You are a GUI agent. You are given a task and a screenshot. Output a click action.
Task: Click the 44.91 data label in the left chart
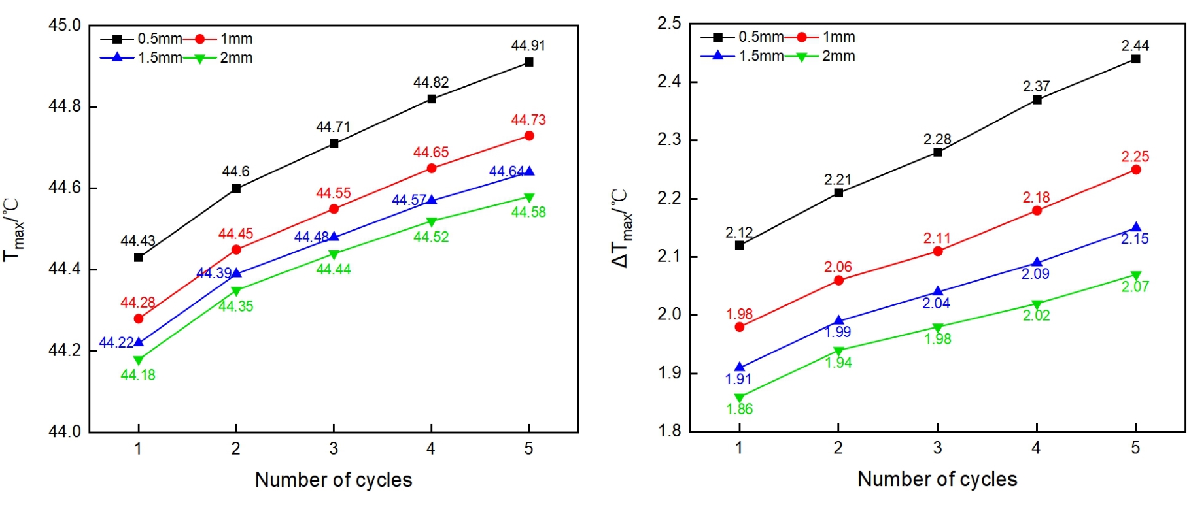pos(528,46)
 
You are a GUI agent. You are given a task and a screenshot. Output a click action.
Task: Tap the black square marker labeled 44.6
pos(236,189)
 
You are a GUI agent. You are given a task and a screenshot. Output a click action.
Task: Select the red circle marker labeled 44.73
pos(529,136)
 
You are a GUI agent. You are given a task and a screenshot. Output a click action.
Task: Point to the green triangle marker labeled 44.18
pos(138,360)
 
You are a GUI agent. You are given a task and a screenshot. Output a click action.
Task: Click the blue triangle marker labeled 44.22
pos(138,342)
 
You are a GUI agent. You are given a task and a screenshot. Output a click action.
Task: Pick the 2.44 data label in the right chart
pos(1135,46)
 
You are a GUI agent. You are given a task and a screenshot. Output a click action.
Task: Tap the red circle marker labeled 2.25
pos(1135,170)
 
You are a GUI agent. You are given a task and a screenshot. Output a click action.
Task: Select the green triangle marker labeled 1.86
pos(739,398)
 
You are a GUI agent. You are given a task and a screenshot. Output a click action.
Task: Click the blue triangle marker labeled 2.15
pos(1135,227)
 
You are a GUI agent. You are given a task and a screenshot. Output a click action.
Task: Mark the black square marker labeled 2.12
pos(739,245)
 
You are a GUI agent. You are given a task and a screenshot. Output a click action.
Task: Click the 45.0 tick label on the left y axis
pos(65,25)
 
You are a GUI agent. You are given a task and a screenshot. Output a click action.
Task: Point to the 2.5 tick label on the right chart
pos(669,24)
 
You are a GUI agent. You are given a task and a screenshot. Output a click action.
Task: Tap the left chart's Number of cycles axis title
pos(334,480)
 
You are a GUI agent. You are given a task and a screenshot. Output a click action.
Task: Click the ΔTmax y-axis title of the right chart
pos(621,228)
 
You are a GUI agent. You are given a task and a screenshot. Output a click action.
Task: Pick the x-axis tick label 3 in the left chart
pos(334,449)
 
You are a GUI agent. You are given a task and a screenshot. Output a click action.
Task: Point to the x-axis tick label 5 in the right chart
pos(1135,448)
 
